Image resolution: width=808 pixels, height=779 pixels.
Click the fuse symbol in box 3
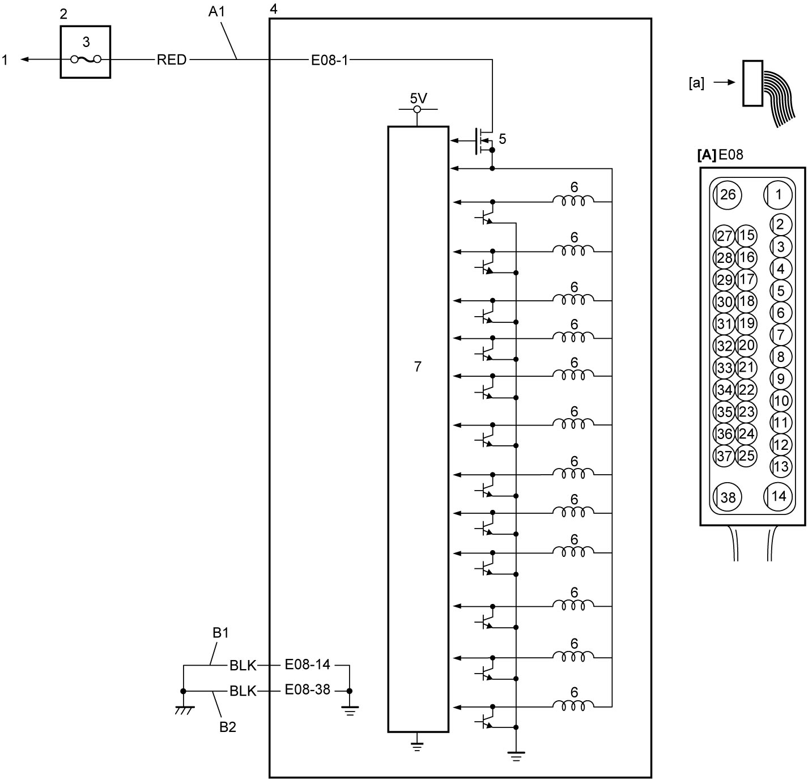click(x=86, y=59)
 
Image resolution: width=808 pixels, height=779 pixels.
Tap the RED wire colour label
click(x=172, y=60)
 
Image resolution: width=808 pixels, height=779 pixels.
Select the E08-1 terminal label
click(x=330, y=60)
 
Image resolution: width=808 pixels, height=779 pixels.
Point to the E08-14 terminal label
click(x=307, y=665)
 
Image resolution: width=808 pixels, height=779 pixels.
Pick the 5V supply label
click(x=418, y=98)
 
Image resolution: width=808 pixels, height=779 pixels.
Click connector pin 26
click(x=727, y=194)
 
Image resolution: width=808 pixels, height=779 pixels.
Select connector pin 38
click(x=727, y=497)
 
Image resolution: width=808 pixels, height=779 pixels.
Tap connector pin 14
click(x=778, y=496)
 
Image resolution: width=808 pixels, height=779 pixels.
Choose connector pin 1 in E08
click(x=778, y=194)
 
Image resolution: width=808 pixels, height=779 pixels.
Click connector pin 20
click(x=746, y=345)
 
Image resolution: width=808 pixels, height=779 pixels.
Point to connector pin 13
click(x=781, y=466)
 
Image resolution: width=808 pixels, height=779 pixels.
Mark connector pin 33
click(x=724, y=368)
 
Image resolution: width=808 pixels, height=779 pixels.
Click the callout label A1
click(x=216, y=12)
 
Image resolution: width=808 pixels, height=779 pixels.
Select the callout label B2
click(x=228, y=727)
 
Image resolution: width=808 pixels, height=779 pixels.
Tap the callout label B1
click(x=220, y=632)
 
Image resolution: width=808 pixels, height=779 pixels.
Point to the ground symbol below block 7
click(x=417, y=747)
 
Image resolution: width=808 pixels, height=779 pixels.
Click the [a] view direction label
click(x=696, y=83)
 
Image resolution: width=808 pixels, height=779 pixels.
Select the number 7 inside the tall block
click(x=418, y=366)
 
